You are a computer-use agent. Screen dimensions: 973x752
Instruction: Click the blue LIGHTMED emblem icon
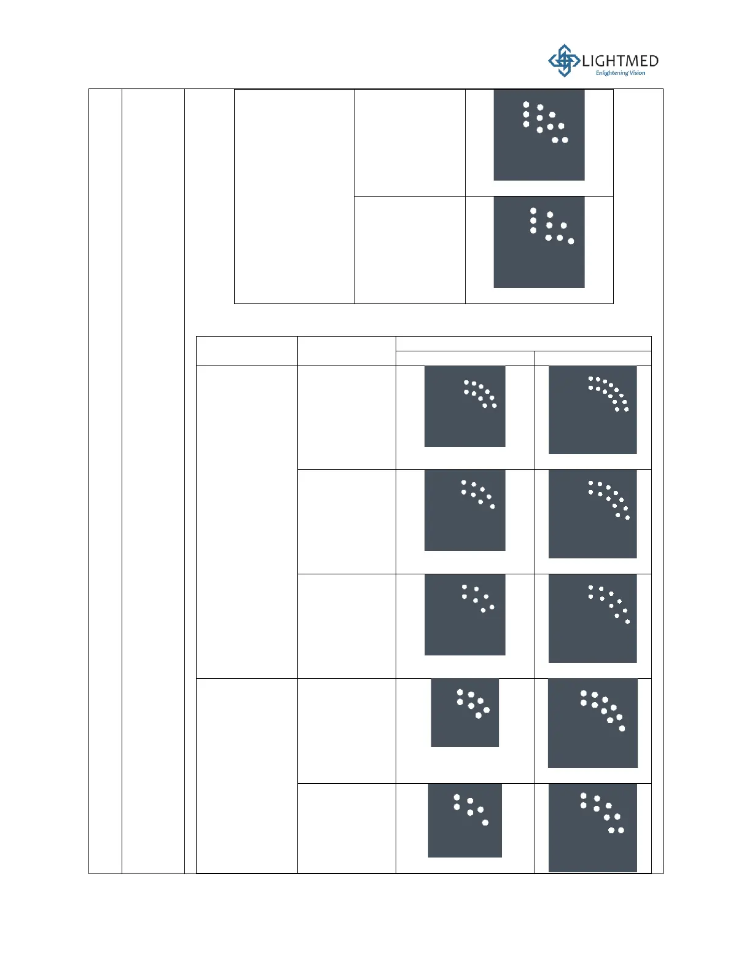click(x=563, y=60)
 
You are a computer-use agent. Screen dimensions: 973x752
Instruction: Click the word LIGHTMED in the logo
click(x=620, y=61)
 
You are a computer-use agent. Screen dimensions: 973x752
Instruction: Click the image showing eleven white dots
click(x=539, y=135)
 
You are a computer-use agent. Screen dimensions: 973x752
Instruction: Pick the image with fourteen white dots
click(x=592, y=410)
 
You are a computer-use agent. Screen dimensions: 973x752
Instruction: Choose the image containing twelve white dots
click(x=592, y=514)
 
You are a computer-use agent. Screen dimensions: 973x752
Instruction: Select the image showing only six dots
click(x=464, y=820)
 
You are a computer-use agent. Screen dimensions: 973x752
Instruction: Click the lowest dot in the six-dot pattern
click(x=485, y=823)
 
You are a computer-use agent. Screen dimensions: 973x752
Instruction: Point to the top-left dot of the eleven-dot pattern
click(x=526, y=105)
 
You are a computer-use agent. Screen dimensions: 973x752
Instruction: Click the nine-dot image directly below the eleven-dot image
click(x=539, y=242)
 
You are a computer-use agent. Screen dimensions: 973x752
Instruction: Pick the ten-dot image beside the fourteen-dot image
click(x=464, y=407)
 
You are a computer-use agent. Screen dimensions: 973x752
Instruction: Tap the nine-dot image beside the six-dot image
click(x=592, y=827)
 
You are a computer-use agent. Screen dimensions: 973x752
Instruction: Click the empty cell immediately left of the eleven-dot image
click(x=409, y=143)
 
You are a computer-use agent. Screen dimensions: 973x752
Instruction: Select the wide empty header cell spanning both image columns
click(x=523, y=343)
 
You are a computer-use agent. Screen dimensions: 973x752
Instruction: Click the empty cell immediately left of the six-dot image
click(x=347, y=828)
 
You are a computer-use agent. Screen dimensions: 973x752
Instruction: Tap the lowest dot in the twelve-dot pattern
click(x=627, y=517)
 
